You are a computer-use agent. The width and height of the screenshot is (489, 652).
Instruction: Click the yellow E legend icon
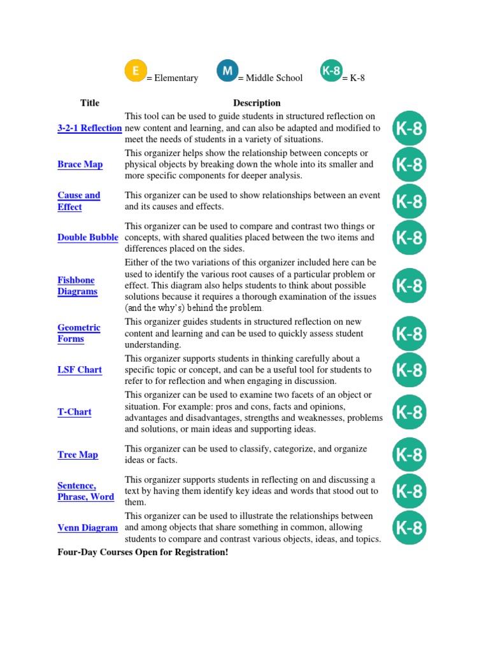coord(135,71)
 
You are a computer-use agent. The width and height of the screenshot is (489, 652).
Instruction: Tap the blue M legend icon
coord(227,71)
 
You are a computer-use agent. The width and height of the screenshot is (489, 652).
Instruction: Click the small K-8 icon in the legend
coord(331,71)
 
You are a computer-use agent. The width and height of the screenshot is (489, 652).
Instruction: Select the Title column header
coord(90,103)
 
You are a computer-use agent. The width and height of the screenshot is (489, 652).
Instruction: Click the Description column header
coord(257,103)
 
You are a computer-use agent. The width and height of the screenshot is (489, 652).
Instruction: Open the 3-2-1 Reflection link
coord(89,128)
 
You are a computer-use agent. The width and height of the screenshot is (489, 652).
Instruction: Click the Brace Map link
coord(80,164)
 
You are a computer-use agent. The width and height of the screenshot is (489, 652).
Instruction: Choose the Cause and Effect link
coord(79,201)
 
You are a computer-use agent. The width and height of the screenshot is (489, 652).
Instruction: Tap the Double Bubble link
coord(88,237)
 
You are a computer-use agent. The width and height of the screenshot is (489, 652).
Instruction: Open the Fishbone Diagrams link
coord(77,286)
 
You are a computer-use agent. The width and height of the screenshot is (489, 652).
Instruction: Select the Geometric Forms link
coord(79,333)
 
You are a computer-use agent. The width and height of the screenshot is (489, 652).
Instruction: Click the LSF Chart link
coord(80,370)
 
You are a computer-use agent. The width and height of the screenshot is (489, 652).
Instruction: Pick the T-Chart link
coord(74,412)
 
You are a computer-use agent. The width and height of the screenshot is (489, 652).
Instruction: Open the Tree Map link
coord(78,455)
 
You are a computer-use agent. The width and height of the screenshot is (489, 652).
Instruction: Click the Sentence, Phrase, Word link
coord(85,492)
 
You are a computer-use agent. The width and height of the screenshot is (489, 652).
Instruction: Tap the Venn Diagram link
coord(87,528)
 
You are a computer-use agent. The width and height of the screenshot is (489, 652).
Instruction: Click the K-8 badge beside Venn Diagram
coord(409,528)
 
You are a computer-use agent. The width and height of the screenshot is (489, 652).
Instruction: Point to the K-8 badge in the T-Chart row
coord(409,412)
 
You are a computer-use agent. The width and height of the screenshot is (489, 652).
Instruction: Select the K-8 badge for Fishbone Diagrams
coord(409,286)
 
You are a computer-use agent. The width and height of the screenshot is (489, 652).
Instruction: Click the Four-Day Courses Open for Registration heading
coord(143,552)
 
